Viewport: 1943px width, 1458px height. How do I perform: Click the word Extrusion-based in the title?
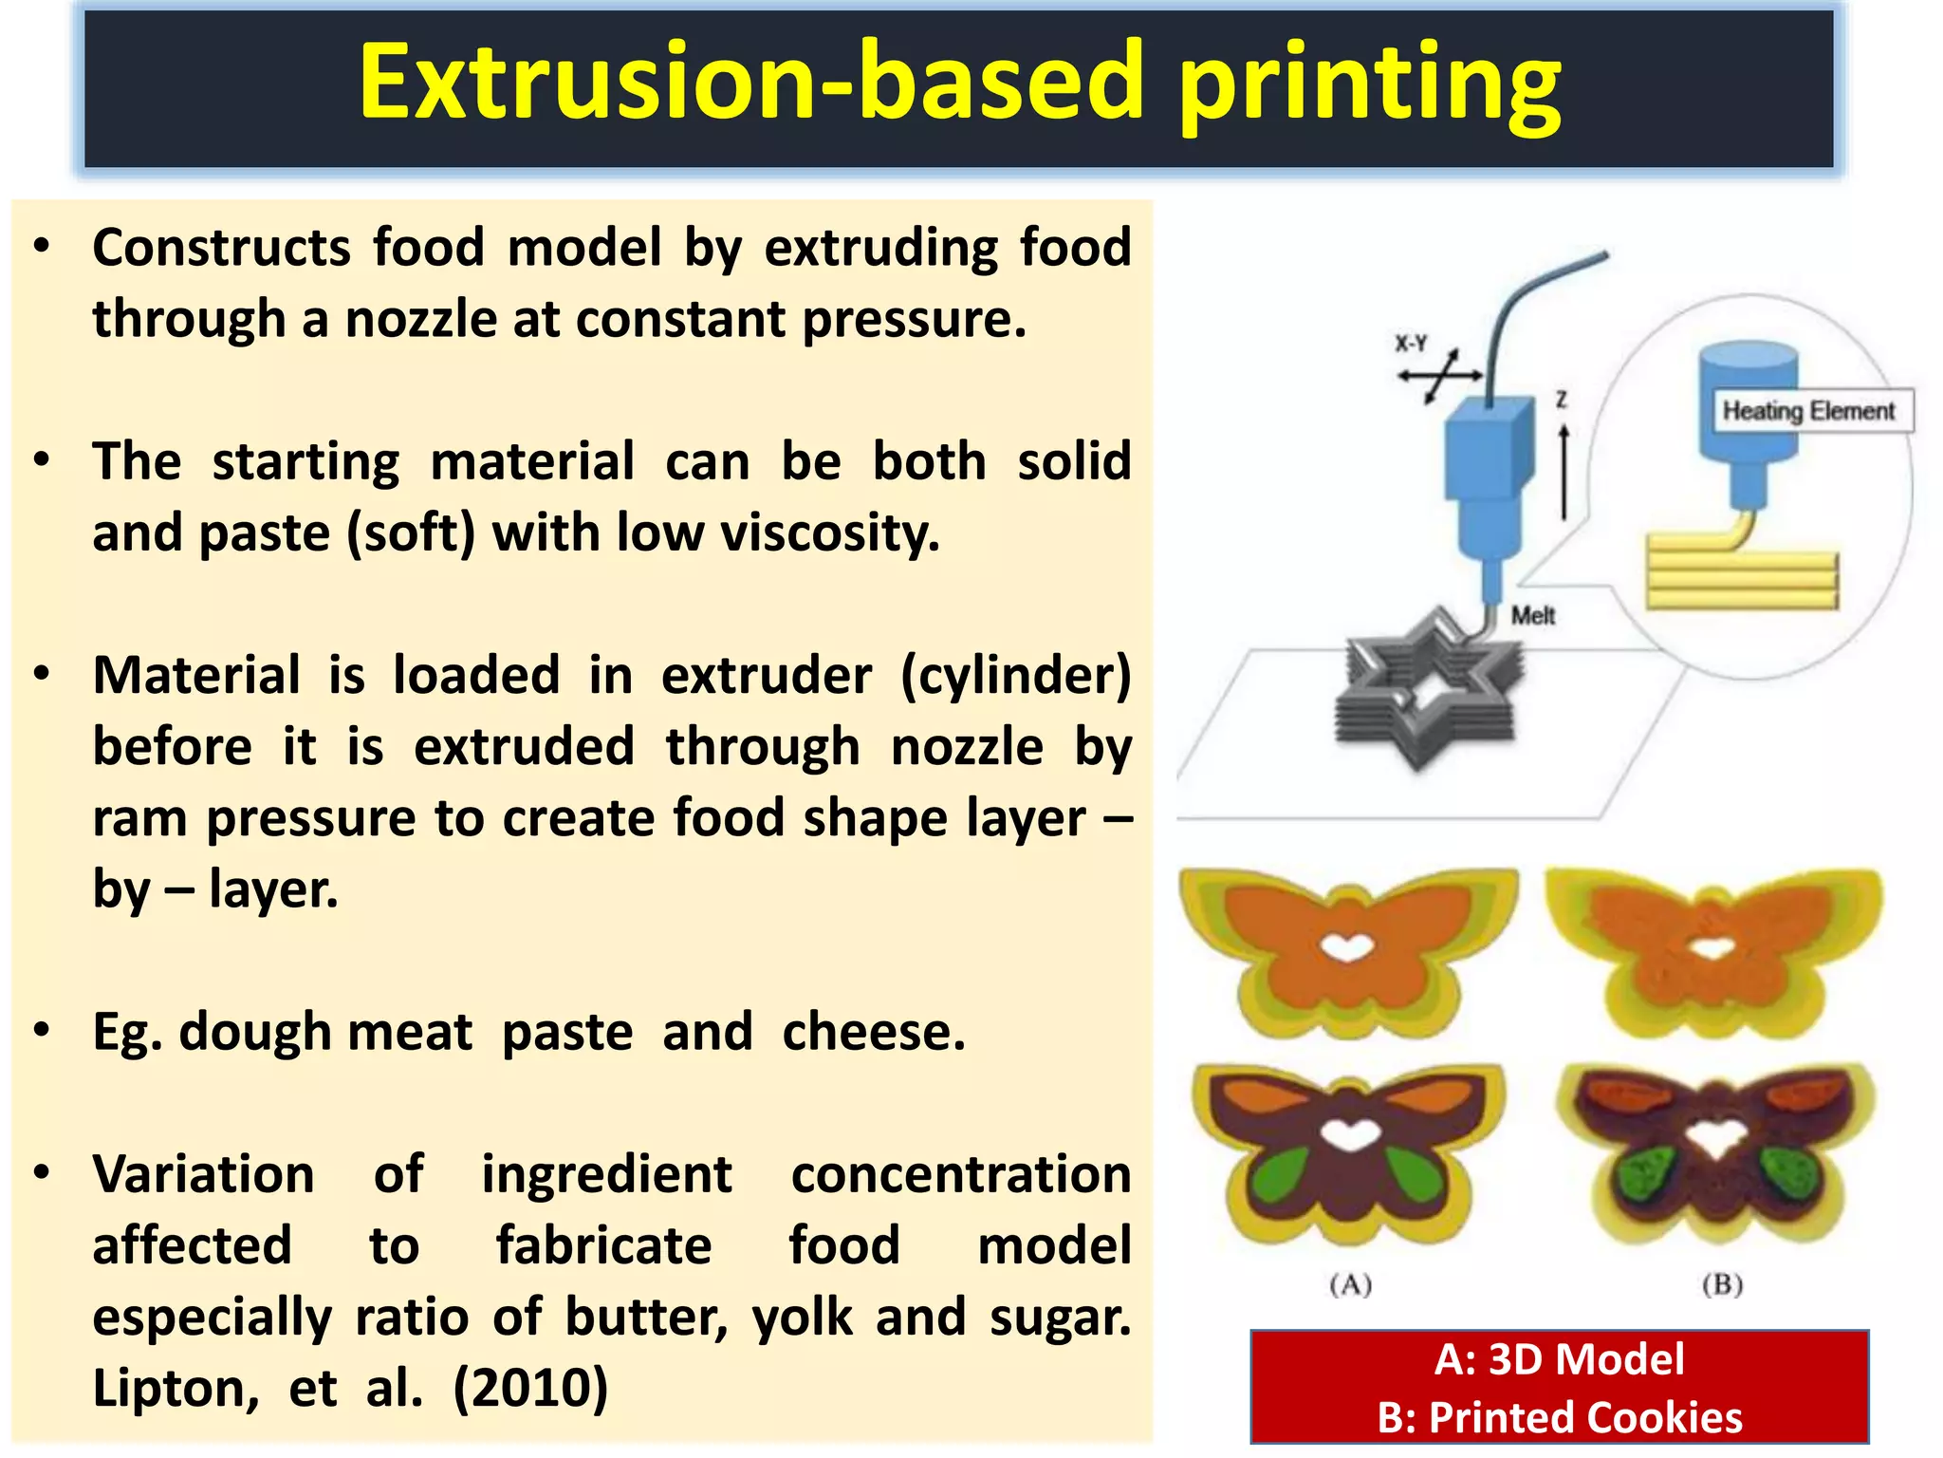(x=749, y=84)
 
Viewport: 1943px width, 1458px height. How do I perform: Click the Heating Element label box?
(x=1808, y=411)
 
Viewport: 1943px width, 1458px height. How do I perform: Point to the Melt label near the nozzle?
(x=1532, y=616)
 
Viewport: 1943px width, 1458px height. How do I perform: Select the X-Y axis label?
(x=1411, y=344)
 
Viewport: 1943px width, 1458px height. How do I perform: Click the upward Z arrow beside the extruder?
(x=1564, y=470)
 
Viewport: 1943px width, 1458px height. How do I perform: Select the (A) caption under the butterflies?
(x=1350, y=1285)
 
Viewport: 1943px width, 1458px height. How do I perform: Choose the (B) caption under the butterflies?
(x=1722, y=1285)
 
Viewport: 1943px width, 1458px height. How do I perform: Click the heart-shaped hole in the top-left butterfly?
(x=1347, y=947)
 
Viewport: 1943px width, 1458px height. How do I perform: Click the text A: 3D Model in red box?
(x=1559, y=1359)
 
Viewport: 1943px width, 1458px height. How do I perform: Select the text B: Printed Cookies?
(x=1559, y=1417)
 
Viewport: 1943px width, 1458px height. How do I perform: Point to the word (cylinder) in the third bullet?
(x=1015, y=676)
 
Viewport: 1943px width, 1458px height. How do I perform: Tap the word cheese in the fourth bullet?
(x=873, y=1032)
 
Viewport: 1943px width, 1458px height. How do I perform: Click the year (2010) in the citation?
(x=530, y=1389)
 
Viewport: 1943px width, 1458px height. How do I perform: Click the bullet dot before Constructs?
(x=41, y=247)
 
